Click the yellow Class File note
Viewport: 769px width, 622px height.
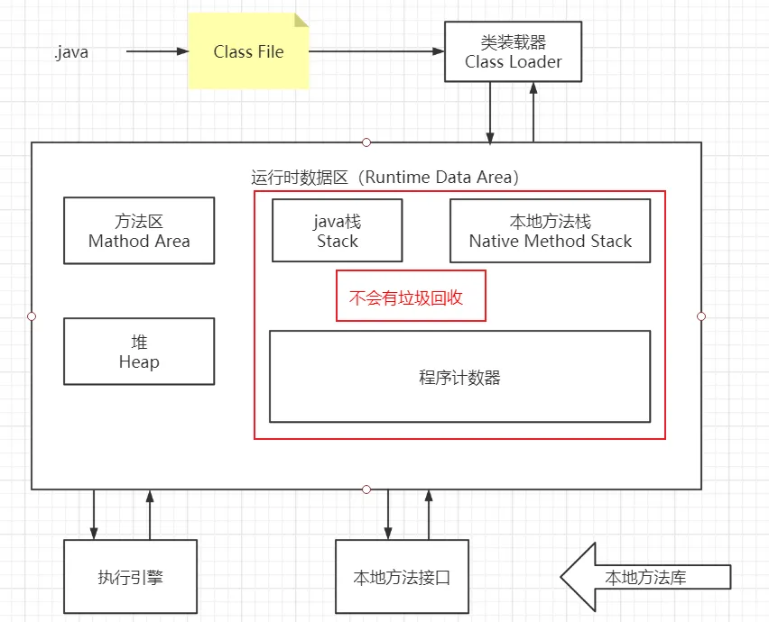point(248,51)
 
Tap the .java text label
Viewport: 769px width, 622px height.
point(71,52)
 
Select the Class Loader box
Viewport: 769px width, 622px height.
point(513,51)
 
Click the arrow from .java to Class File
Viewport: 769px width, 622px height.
point(157,51)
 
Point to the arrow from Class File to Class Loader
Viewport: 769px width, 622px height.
point(376,51)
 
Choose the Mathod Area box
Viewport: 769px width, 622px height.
point(139,231)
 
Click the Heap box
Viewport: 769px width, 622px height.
point(139,352)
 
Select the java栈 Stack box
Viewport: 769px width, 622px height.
point(338,231)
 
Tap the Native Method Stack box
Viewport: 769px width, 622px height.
point(550,231)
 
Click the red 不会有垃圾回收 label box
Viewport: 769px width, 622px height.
point(411,297)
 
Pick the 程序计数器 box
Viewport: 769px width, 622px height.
point(459,377)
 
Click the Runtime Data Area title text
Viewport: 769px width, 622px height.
point(384,177)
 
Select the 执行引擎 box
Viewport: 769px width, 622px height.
point(130,577)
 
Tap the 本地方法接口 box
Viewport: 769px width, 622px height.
point(402,577)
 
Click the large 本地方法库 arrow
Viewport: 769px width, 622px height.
point(644,577)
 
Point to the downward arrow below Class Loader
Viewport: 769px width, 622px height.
point(490,112)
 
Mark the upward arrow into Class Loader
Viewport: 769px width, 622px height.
point(533,112)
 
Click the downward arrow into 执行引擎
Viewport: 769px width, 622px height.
point(94,515)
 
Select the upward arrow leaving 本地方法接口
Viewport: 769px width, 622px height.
point(429,515)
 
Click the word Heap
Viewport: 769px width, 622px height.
point(139,362)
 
